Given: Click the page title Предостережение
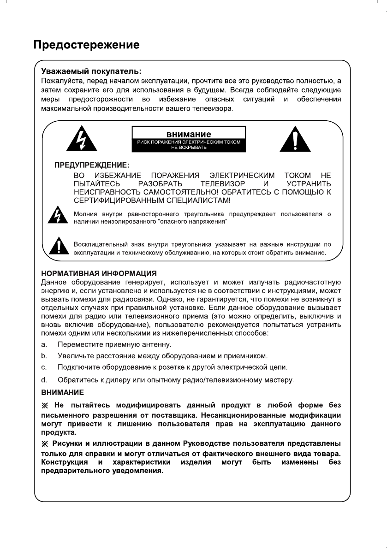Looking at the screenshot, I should click(x=86, y=45).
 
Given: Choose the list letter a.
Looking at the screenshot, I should click(x=43, y=345).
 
